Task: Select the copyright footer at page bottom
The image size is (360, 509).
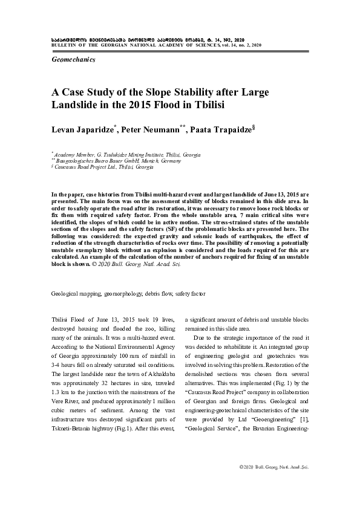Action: point(274,485)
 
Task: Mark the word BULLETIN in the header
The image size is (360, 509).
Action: point(60,45)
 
